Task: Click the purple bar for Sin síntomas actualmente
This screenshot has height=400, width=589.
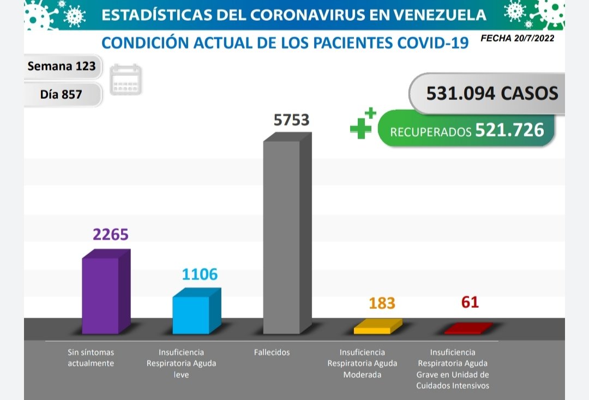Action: [x=101, y=295]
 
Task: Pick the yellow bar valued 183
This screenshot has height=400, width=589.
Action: [x=372, y=330]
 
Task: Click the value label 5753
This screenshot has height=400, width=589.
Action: [x=291, y=120]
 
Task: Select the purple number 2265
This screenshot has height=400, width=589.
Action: [x=110, y=235]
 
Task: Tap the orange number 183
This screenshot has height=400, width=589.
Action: [x=381, y=303]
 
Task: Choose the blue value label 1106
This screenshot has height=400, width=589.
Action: [x=200, y=274]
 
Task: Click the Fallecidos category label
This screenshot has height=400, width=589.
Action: [x=272, y=353]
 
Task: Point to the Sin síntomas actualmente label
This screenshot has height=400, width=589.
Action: [x=91, y=358]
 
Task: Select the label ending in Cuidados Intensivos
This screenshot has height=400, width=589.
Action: [x=453, y=369]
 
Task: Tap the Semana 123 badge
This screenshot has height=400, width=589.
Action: [x=62, y=67]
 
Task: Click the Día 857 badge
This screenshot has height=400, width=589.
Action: [x=61, y=94]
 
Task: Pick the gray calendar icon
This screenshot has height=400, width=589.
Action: [x=125, y=80]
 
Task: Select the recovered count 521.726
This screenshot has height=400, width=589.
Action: [x=509, y=130]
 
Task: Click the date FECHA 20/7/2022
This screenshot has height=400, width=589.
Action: [x=517, y=39]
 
